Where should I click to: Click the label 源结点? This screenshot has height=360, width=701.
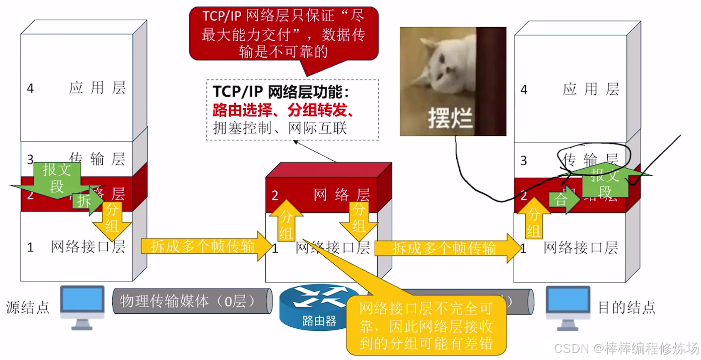point(28,307)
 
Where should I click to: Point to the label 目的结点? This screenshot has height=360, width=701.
point(626,307)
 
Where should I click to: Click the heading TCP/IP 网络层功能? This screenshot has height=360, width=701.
point(281,92)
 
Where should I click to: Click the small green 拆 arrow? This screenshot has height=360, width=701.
point(83,200)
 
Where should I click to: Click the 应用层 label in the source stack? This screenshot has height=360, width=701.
point(97,88)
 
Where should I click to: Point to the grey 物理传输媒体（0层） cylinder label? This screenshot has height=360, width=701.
point(189,301)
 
